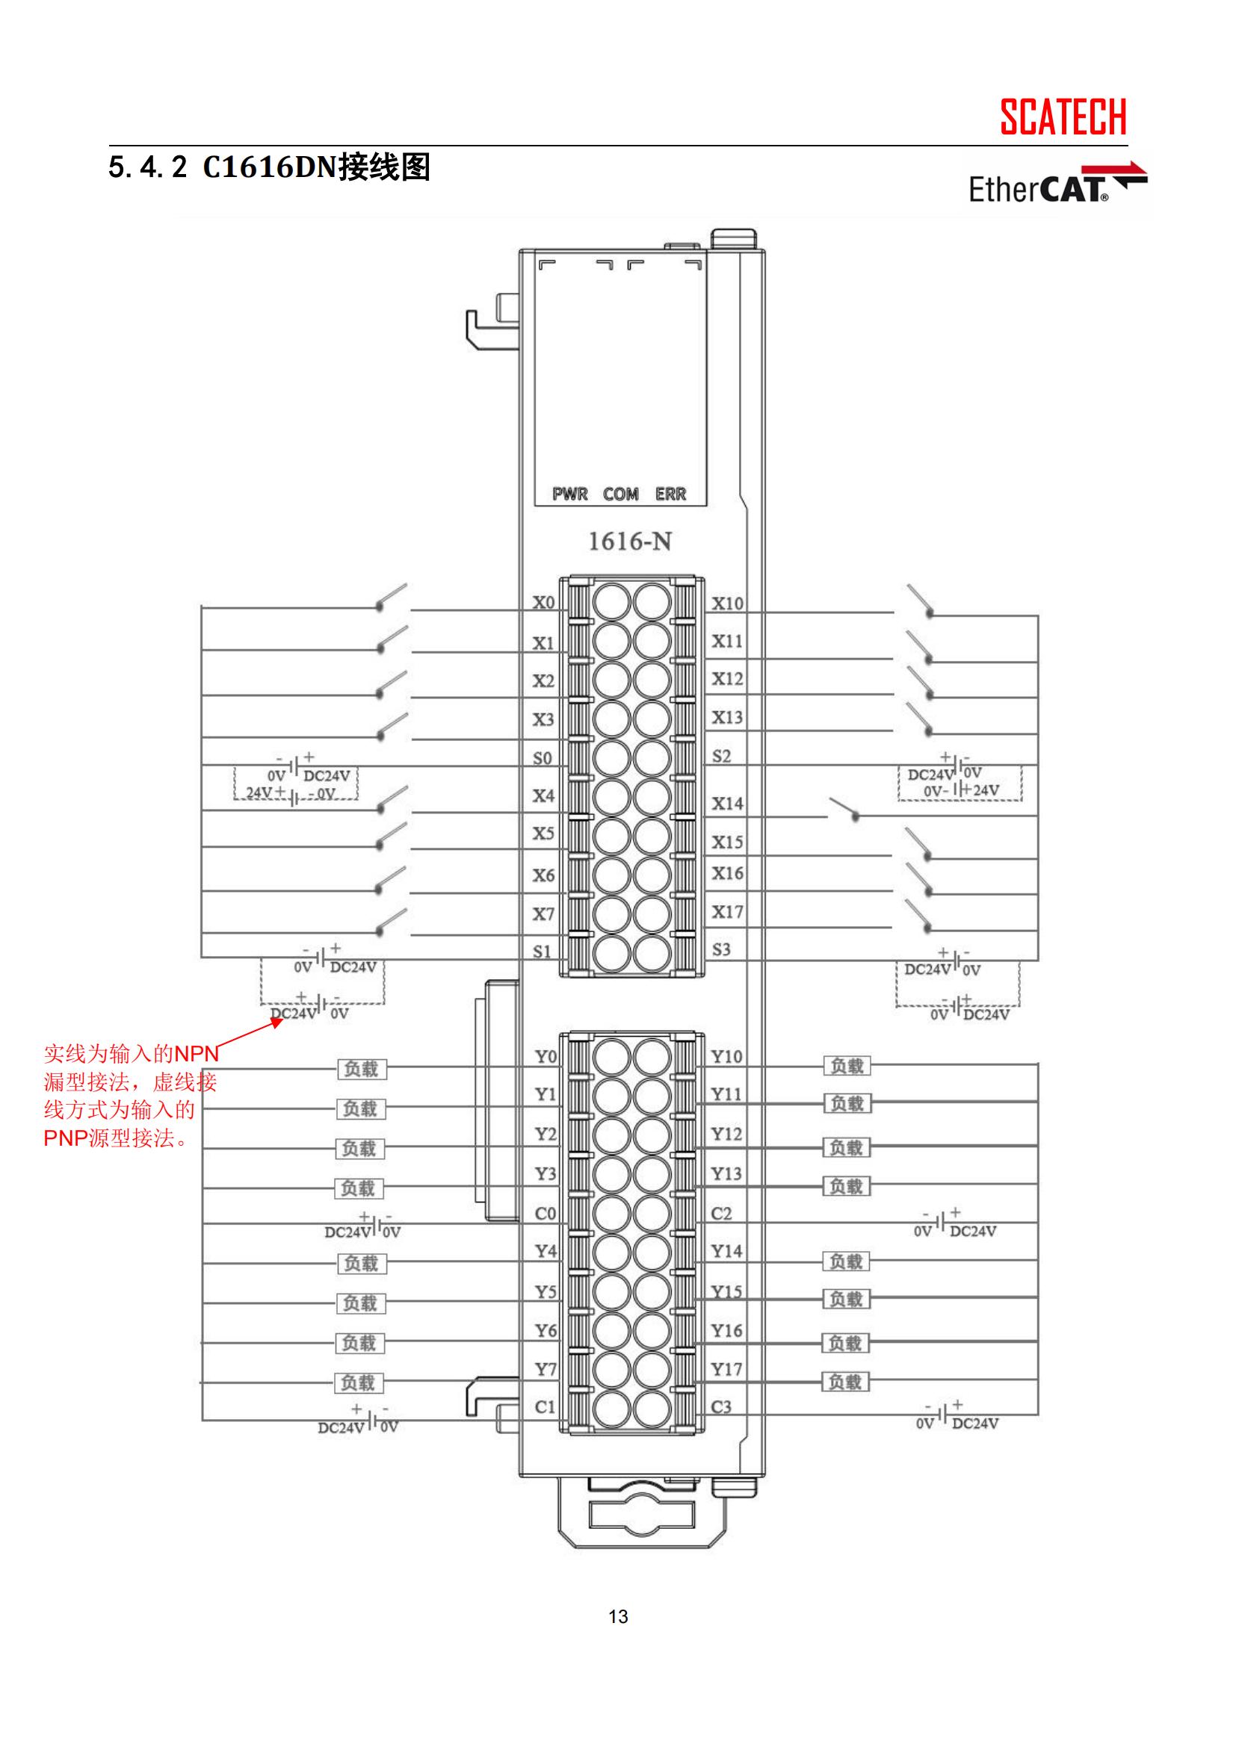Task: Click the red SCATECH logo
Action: pos(1063,117)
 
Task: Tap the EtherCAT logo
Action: pos(1057,185)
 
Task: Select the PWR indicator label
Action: pos(570,494)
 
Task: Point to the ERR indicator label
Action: pos(670,494)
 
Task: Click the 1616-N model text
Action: pos(629,542)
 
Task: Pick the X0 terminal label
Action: pos(543,603)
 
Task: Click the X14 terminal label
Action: pos(727,804)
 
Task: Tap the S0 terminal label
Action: pos(542,759)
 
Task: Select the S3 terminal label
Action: pos(720,949)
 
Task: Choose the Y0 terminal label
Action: pos(545,1056)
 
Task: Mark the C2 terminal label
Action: pos(720,1214)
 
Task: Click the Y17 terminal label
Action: pos(726,1370)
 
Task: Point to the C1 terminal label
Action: pos(545,1407)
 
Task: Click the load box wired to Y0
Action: pos(361,1069)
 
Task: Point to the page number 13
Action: pos(618,1617)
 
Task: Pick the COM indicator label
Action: pos(620,494)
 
